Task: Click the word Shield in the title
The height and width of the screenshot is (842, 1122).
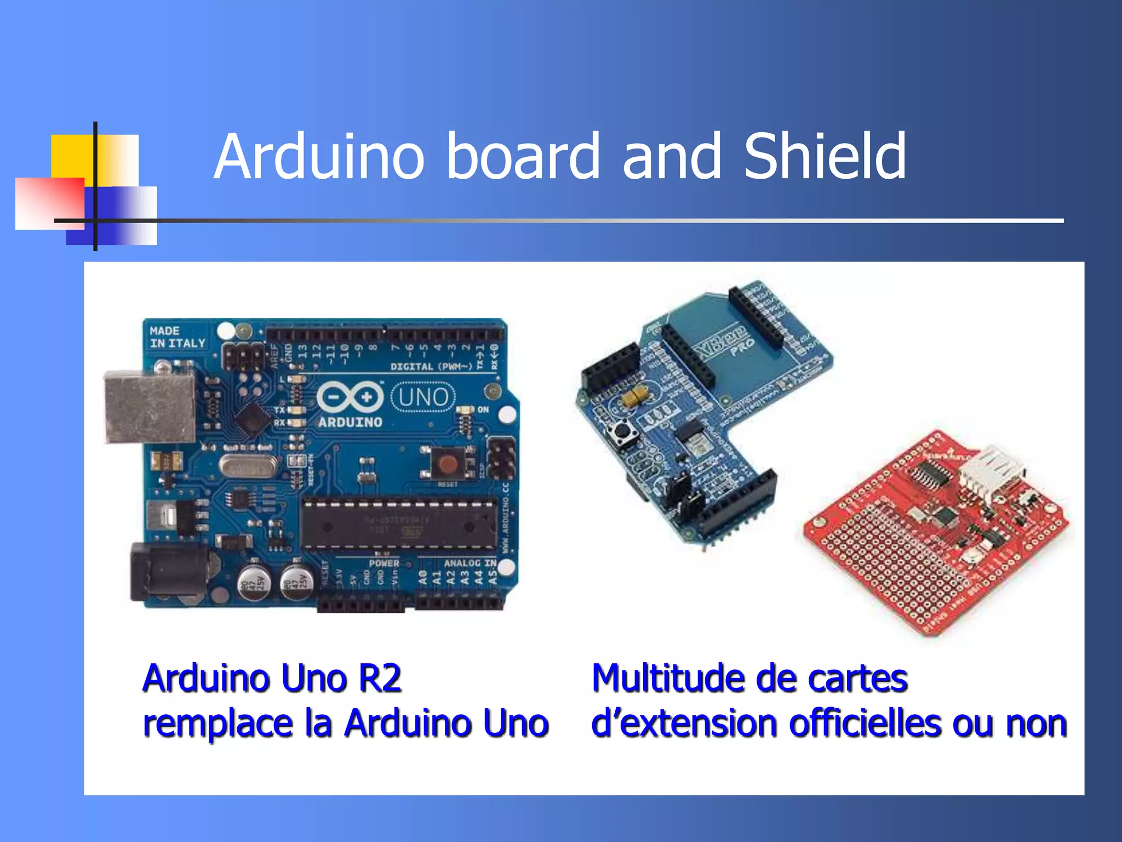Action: click(x=825, y=157)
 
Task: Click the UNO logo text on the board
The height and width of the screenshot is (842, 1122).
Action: click(x=423, y=397)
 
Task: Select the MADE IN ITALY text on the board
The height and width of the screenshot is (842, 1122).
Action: click(x=177, y=337)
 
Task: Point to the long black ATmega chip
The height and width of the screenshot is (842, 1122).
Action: click(x=399, y=525)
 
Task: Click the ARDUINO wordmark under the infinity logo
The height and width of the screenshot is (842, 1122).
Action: click(x=350, y=423)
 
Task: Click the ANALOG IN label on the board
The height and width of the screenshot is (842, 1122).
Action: click(x=470, y=563)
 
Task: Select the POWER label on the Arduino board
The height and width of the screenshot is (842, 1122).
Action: click(x=384, y=563)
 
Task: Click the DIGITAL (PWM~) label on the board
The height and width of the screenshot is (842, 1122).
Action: click(x=431, y=366)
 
